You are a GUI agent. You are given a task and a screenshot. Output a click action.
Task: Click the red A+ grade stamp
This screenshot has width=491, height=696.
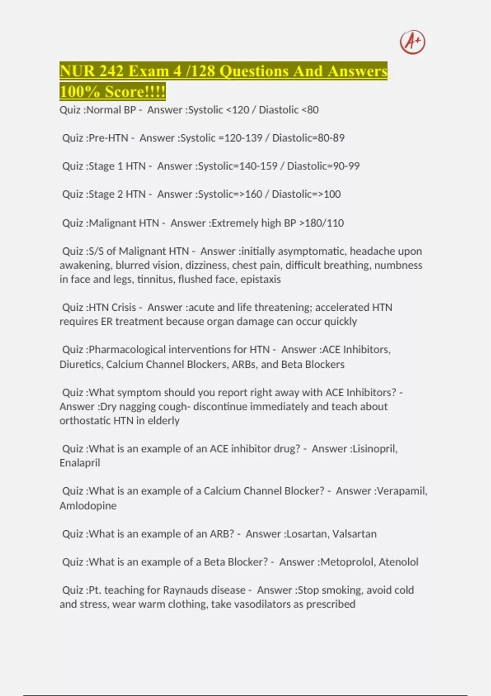(x=412, y=42)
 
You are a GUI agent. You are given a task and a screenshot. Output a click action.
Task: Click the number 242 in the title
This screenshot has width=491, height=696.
(x=111, y=71)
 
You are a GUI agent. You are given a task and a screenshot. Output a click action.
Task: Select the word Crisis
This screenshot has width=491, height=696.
(x=124, y=307)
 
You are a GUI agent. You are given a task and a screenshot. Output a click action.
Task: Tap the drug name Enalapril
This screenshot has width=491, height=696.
(x=80, y=463)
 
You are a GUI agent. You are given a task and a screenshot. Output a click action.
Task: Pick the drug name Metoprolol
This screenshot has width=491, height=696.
(x=347, y=562)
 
